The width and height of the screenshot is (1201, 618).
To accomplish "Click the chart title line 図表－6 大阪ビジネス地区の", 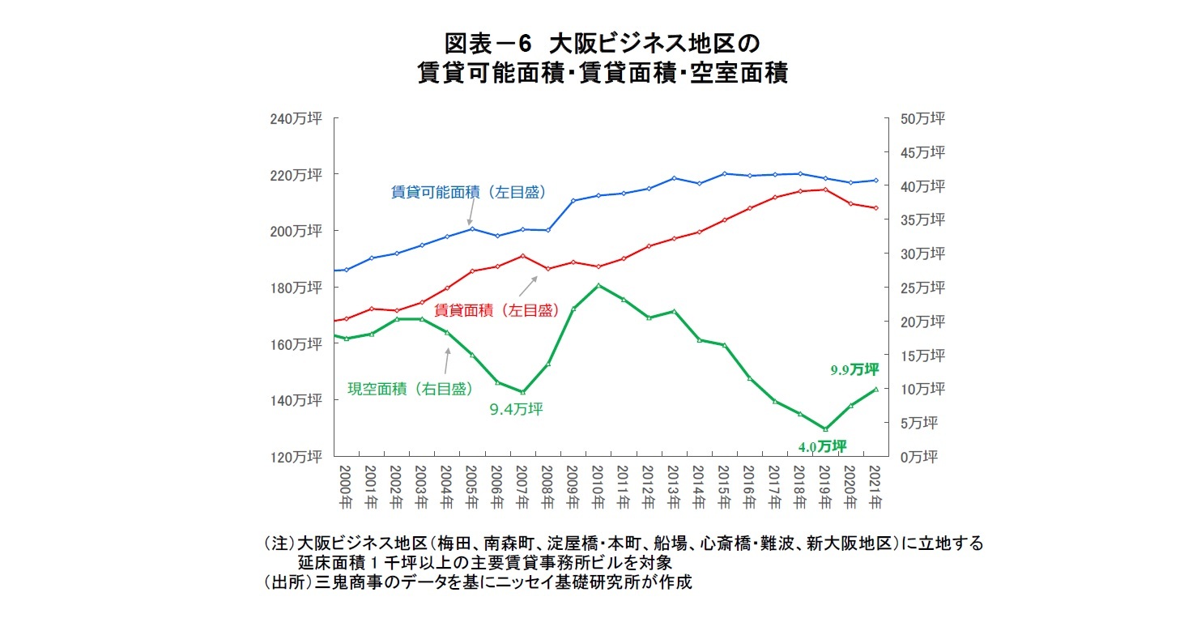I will [600, 42].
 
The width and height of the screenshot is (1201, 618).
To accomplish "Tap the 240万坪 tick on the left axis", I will [296, 119].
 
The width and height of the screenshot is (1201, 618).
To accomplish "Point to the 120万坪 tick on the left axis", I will [296, 457].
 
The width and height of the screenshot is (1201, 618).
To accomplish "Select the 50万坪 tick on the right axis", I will [922, 119].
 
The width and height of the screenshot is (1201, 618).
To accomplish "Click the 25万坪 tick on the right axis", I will [922, 288].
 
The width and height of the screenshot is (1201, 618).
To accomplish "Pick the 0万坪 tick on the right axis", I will [919, 457].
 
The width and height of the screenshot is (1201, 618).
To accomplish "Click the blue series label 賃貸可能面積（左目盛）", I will [468, 193].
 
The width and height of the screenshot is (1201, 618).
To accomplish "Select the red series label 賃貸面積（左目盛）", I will [496, 309].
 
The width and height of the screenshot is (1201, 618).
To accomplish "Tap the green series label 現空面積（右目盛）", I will [410, 389].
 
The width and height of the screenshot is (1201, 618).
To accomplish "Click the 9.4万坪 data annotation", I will [516, 409].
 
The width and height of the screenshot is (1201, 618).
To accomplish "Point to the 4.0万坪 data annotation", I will [822, 446].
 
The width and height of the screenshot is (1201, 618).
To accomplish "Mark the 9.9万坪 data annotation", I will [854, 370].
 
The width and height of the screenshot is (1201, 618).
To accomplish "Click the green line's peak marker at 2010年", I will [598, 285].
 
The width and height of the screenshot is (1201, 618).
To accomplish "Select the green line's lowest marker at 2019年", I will [825, 429].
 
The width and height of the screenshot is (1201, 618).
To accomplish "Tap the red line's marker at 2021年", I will [875, 208].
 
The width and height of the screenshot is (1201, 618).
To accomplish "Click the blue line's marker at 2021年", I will [875, 181].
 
